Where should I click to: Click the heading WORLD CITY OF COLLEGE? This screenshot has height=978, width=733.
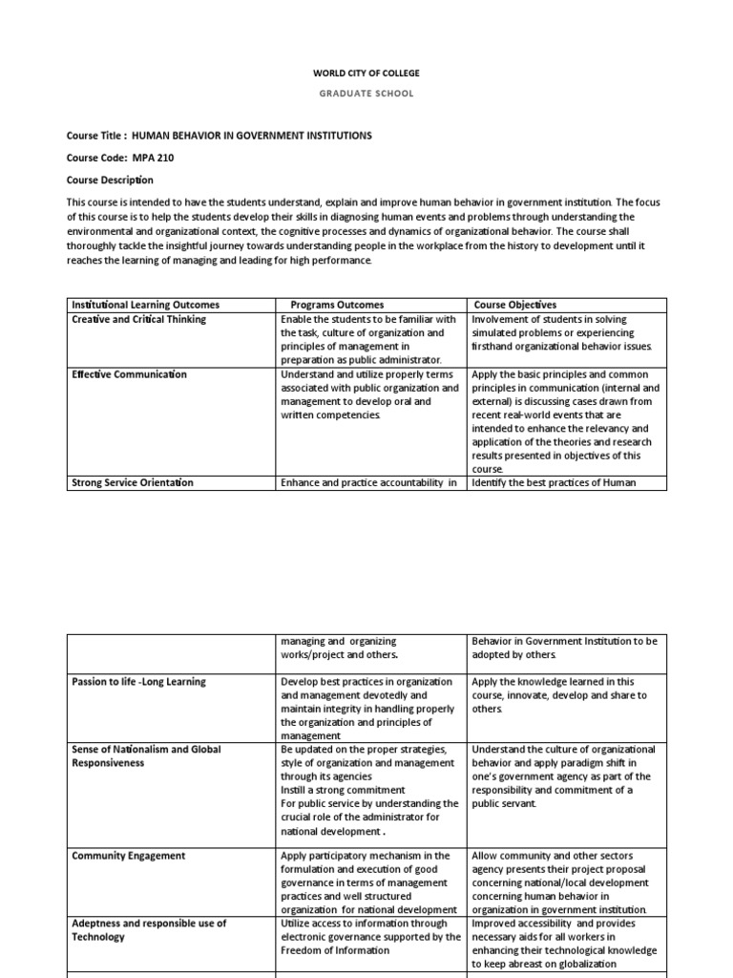tap(366, 73)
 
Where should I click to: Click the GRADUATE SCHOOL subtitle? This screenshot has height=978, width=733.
tap(366, 94)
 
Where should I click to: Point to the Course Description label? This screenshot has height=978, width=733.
tap(110, 180)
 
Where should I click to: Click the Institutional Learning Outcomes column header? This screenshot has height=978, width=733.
tap(145, 305)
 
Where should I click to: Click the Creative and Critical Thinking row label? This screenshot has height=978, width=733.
tap(139, 319)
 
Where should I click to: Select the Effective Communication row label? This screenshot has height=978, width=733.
tap(129, 374)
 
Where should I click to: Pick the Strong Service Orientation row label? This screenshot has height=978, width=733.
tap(133, 483)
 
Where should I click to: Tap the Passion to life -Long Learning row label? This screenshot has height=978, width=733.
tap(138, 682)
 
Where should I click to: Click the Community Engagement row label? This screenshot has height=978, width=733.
tap(129, 856)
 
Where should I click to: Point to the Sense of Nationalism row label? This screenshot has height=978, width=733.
tap(146, 750)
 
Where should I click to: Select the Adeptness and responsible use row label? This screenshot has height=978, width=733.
tap(149, 924)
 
